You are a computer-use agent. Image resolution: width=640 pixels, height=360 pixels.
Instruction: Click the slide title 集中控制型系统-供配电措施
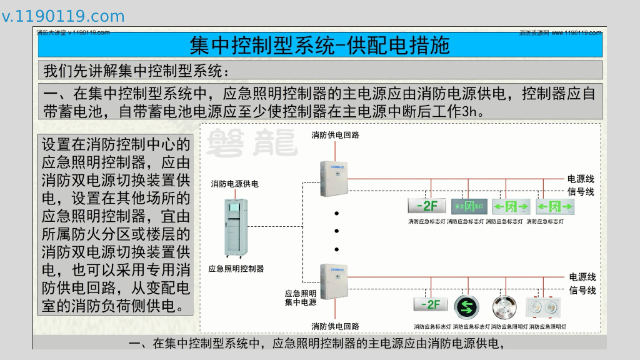click(x=319, y=45)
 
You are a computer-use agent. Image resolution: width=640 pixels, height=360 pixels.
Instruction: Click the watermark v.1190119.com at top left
click(x=63, y=16)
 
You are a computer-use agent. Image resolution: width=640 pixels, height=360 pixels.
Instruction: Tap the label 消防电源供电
click(x=234, y=184)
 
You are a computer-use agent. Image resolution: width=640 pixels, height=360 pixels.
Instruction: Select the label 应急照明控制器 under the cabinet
click(x=236, y=269)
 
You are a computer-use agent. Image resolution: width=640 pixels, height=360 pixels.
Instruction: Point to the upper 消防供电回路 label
click(x=335, y=134)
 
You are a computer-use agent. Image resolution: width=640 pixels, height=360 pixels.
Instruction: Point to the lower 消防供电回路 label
click(x=335, y=326)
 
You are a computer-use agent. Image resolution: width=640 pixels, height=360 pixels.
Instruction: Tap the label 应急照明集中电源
click(x=301, y=297)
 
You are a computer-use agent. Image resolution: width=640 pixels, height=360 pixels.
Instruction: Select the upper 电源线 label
click(x=581, y=179)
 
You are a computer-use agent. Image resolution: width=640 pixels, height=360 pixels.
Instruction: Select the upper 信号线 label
click(x=581, y=191)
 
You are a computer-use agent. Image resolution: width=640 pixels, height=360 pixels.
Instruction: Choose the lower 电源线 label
click(x=582, y=277)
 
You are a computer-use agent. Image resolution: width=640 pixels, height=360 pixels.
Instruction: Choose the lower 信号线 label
click(x=582, y=291)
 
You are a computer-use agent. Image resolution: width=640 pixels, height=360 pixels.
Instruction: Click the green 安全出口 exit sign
click(x=468, y=206)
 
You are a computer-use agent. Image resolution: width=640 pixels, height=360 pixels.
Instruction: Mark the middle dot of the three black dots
click(x=336, y=231)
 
